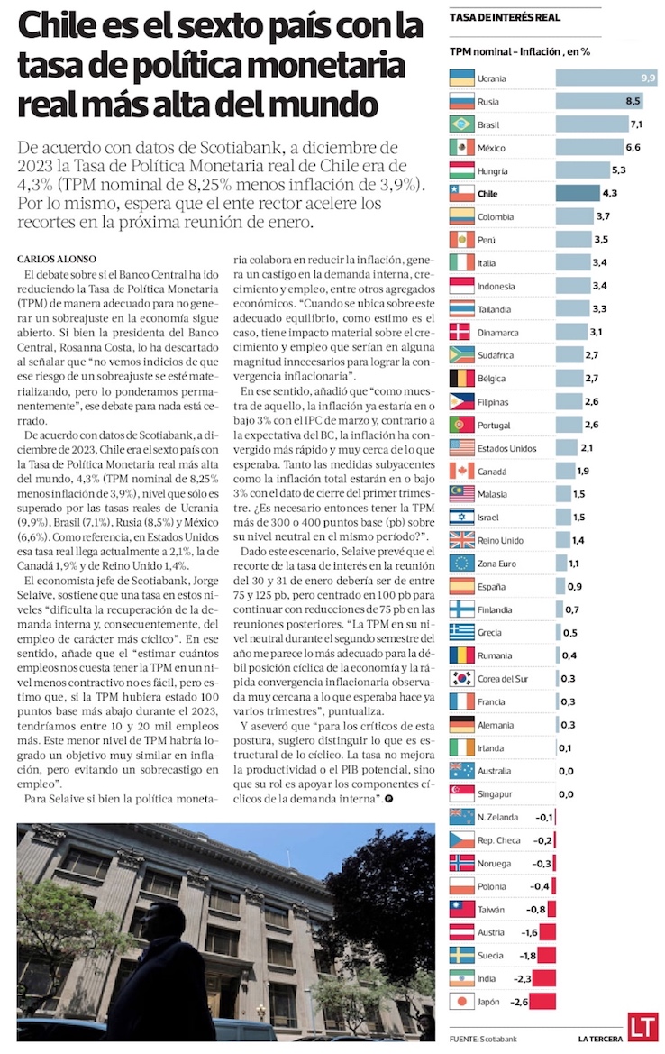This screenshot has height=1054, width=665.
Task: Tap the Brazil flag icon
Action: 460,123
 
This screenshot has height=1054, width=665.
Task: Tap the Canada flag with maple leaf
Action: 460,470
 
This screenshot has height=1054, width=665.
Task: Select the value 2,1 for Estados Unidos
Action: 587,447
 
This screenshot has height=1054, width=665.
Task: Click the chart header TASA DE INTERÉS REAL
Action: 504,16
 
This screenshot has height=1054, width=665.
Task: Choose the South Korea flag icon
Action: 460,678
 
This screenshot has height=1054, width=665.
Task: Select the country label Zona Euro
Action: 497,563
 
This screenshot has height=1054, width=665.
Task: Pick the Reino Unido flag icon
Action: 460,539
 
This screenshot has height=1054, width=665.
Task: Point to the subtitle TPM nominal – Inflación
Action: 519,51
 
